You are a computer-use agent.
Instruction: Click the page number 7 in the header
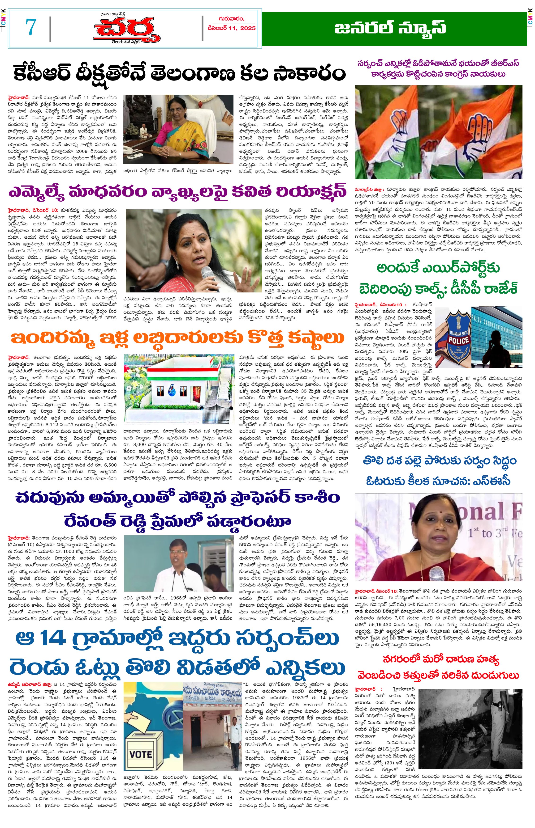pyautogui.click(x=31, y=27)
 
